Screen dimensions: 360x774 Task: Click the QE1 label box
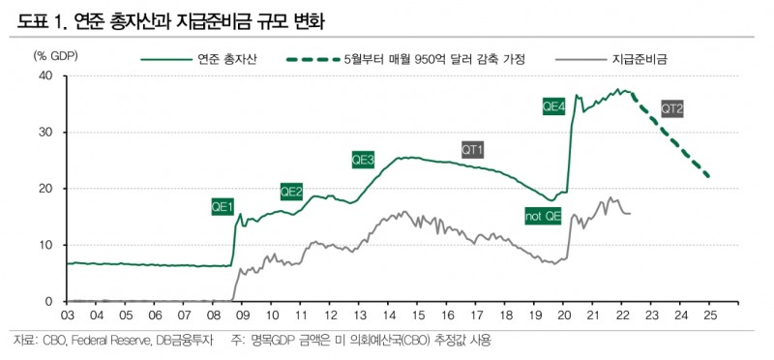pos(223,206)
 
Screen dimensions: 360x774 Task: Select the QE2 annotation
pos(291,192)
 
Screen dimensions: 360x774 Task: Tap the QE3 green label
pos(363,159)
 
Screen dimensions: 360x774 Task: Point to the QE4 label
pos(554,107)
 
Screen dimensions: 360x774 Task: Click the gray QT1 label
pos(472,149)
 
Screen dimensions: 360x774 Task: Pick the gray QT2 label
pos(672,108)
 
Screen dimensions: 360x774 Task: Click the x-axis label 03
pos(68,315)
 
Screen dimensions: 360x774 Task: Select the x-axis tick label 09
pos(243,315)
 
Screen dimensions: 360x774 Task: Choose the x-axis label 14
pos(389,315)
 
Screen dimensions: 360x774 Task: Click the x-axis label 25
pos(709,315)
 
